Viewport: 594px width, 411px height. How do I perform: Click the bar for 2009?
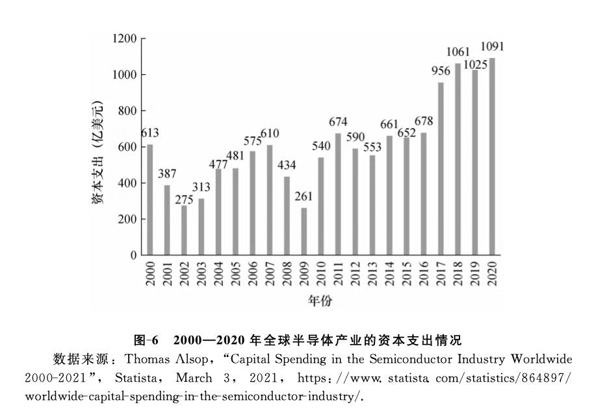coord(304,232)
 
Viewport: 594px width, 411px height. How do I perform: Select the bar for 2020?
coord(492,157)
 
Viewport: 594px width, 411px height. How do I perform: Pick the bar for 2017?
coord(441,169)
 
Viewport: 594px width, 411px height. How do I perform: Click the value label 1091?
coord(492,47)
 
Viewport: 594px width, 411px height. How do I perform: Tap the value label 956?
coord(441,72)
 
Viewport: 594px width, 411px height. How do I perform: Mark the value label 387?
coord(168,174)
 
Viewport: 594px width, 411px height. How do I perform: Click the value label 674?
coord(338,122)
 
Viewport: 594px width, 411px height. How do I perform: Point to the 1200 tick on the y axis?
coord(124,39)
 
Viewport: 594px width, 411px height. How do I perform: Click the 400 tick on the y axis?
coord(127,183)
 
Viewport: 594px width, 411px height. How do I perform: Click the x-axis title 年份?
coord(320,300)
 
